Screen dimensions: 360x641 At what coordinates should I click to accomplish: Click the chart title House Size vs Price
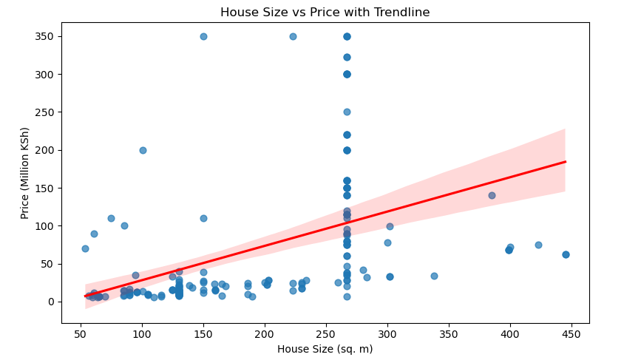pos(325,12)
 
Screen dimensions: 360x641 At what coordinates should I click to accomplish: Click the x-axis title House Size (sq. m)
pos(325,349)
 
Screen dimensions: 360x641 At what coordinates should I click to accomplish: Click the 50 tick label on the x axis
pos(81,333)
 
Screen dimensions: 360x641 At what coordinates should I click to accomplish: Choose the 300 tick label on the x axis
pos(387,333)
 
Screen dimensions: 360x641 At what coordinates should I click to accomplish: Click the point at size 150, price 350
pos(203,36)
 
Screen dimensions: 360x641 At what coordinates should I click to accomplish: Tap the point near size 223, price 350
pos(293,36)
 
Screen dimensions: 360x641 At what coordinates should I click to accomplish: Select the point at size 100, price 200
pos(143,150)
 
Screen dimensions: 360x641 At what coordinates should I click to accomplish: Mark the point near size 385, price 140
pos(492,195)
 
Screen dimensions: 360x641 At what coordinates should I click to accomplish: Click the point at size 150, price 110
pos(203,218)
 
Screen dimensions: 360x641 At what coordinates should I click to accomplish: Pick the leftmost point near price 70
pos(85,248)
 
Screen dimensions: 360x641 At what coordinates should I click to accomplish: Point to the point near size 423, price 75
pos(538,245)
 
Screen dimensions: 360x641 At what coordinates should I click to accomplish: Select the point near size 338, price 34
pos(434,276)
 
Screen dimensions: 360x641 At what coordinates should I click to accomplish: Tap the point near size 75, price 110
pos(111,218)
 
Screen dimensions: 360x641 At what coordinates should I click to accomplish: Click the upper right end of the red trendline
pos(566,161)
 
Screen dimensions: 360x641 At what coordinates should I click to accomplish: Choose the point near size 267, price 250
pos(347,112)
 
